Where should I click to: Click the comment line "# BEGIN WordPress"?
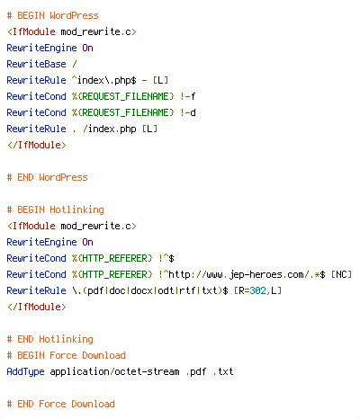coord(52,15)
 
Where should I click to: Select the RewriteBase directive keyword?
coord(36,64)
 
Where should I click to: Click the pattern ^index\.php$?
coord(104,80)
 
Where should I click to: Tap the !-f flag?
coord(188,96)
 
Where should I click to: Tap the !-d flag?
coord(188,112)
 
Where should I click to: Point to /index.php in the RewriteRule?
coord(109,129)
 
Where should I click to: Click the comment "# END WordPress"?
coord(47,177)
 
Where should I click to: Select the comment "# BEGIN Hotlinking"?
coord(55,209)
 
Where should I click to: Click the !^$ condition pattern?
coord(166,258)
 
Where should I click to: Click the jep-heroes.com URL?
coord(242,274)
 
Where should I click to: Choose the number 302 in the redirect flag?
coord(257,290)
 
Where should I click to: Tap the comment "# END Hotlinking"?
coord(49,339)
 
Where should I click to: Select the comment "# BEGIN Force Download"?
coord(66,355)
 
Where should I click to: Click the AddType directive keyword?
coord(25,371)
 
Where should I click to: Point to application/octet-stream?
coord(114,371)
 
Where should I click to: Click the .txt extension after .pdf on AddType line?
coord(223,371)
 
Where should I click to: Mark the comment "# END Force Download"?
coord(60,404)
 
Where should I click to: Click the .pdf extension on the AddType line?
coord(196,371)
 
